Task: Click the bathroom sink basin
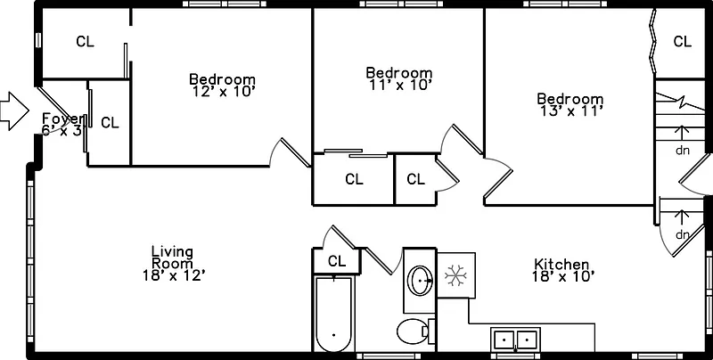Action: coord(421,282)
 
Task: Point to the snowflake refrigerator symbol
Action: coord(455,275)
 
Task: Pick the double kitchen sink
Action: coord(516,340)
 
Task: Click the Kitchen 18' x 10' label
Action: coord(561,270)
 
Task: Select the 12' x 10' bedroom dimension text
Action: coord(223,91)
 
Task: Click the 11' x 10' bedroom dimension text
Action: coord(399,86)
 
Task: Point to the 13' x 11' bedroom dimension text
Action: coord(570,111)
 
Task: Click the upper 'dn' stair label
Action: coord(683,151)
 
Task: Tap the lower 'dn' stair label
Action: coord(683,234)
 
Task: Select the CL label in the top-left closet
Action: coord(85,41)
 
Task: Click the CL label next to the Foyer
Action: coord(110,123)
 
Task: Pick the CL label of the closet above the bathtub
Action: coord(336,261)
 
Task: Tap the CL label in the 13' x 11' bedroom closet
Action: coord(683,41)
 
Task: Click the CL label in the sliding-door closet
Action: coord(354,179)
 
